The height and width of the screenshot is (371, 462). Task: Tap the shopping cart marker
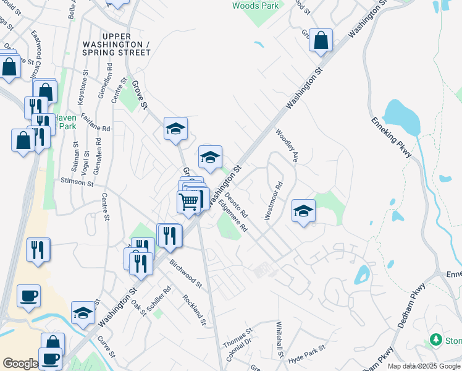coord(189,202)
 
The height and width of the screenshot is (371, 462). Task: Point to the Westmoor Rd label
coord(273,200)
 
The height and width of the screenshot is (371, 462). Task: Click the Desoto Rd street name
coord(235,206)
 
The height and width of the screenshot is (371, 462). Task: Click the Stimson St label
coord(77,182)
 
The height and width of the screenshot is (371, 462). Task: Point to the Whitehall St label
coord(279,339)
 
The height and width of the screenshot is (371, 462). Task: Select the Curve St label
coord(106,347)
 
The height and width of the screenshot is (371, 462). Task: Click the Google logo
coord(20,364)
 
